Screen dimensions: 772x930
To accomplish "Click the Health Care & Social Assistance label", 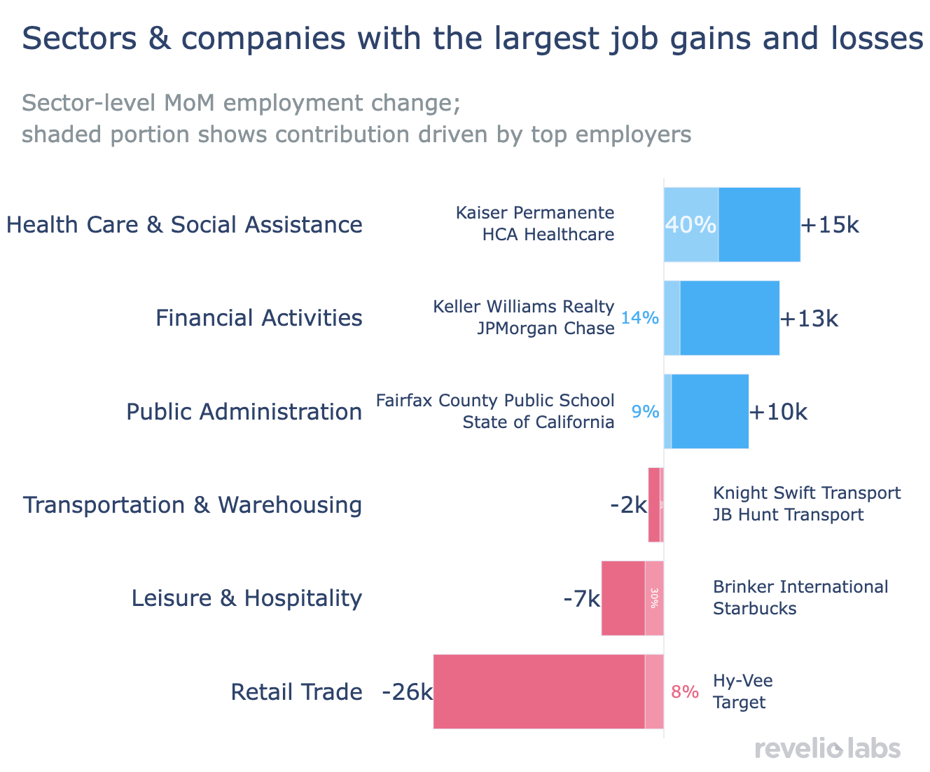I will coord(184,225).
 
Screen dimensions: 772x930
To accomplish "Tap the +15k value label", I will coord(830,225).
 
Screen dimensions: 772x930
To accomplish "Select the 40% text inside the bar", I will coord(690,225).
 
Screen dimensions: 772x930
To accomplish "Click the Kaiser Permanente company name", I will coord(535,212).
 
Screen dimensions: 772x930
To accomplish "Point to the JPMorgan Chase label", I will coord(546,329).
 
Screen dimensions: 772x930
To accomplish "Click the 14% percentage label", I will coord(640,318).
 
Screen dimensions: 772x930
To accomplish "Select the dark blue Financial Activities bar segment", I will coord(730,318).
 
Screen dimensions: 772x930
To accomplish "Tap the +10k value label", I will coord(778,412).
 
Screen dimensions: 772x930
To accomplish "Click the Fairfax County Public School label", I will coord(495,400).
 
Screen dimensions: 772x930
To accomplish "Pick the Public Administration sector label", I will coord(244,412).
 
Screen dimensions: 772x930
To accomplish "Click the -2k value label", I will coord(628,505).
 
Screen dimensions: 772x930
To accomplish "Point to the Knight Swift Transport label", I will coord(807,493).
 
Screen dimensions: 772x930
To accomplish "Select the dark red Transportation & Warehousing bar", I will coord(654,505).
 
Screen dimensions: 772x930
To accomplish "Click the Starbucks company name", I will coord(755,609).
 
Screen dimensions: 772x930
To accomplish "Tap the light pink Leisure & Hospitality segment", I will coord(654,598).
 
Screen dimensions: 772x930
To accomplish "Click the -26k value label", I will coord(407,692).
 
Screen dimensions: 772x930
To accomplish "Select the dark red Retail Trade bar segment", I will coord(539,692).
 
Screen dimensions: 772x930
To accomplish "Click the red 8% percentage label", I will coord(685,692).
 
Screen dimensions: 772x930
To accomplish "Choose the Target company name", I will coord(740,703).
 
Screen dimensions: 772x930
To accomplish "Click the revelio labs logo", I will coord(827,748).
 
